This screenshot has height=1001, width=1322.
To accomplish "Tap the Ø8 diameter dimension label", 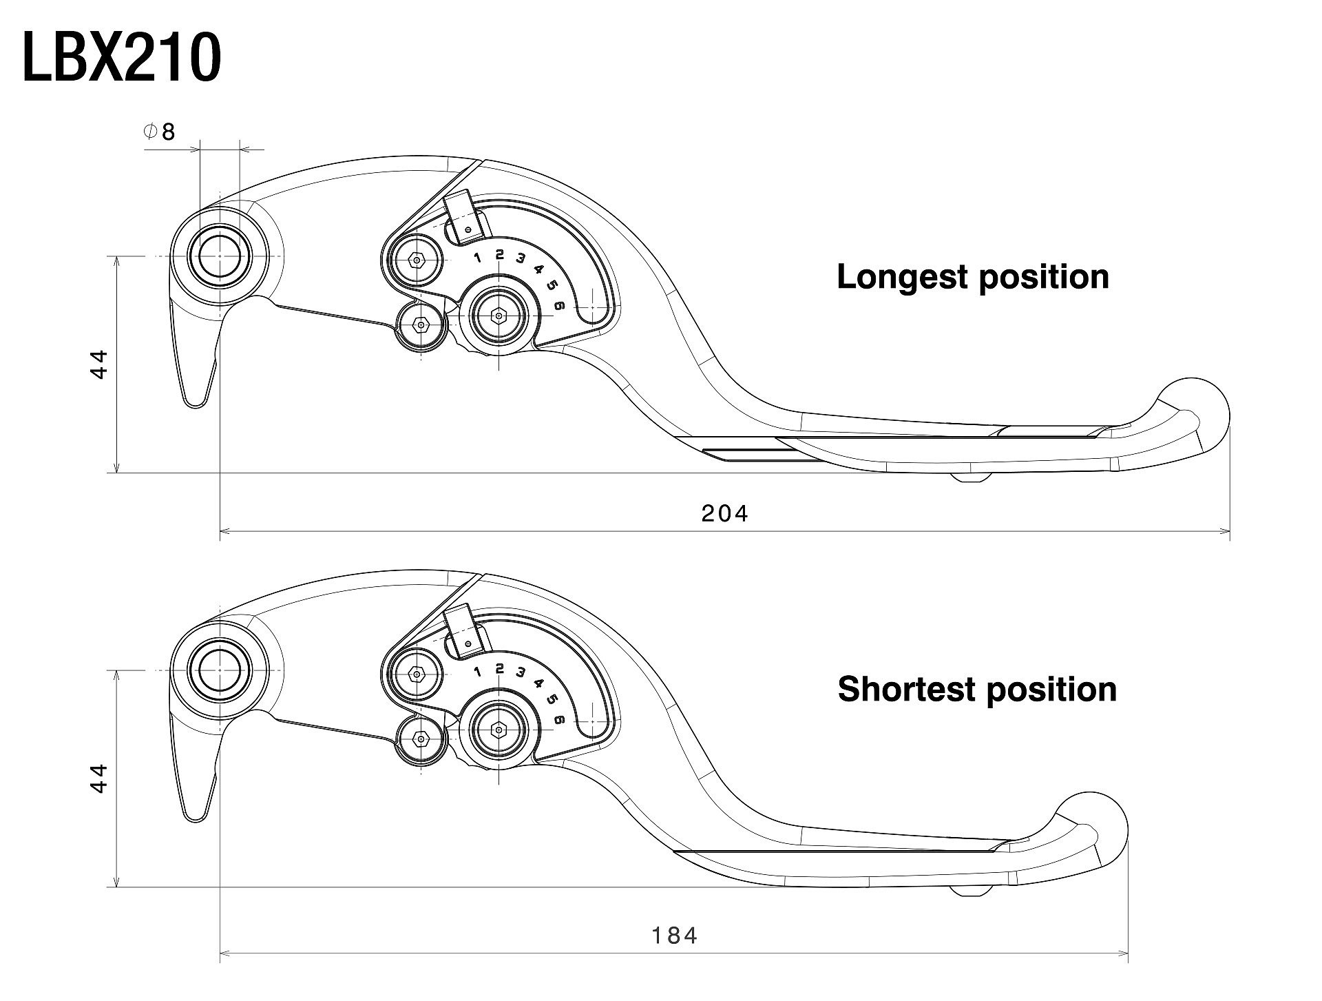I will (x=160, y=132).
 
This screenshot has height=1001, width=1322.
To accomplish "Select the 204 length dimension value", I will (x=724, y=513).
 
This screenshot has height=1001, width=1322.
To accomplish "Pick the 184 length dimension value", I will (x=675, y=936).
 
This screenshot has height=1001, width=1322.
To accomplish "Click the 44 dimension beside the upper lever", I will (x=100, y=364).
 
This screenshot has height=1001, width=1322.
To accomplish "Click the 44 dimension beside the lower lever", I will (x=100, y=778).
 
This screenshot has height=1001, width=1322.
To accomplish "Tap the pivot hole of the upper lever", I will (x=220, y=256).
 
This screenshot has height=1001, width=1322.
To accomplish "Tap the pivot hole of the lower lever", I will (x=220, y=670).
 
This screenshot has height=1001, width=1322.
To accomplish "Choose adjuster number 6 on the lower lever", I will (x=559, y=720).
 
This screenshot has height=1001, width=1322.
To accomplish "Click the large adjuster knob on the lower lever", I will (x=499, y=730).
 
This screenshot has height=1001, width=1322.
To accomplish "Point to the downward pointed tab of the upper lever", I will (x=195, y=386).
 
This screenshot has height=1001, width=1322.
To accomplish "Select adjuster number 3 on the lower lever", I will (x=521, y=672).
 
